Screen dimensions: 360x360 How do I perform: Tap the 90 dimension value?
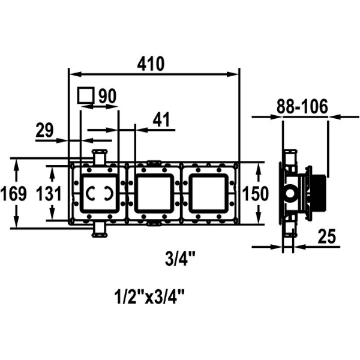(107, 95)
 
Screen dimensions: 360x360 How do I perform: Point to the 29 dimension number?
(44, 130)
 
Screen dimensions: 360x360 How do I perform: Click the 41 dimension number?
(161, 120)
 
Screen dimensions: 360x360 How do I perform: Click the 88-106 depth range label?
(302, 107)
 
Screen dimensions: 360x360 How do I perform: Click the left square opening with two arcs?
(98, 193)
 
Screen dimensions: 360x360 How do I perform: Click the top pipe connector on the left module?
(98, 155)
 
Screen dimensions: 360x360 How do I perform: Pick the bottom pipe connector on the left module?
(98, 230)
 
